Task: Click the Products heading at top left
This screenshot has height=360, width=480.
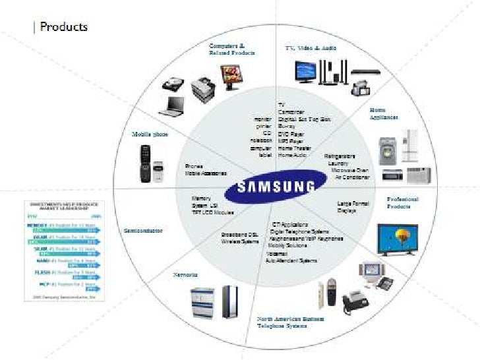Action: pyautogui.click(x=63, y=27)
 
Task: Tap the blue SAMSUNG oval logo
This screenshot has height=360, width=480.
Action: pyautogui.click(x=268, y=187)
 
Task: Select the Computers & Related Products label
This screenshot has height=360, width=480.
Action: pyautogui.click(x=231, y=49)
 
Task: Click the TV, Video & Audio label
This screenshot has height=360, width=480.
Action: pyautogui.click(x=311, y=49)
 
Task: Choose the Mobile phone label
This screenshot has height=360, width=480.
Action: pyautogui.click(x=150, y=134)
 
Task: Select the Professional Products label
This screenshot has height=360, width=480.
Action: pyautogui.click(x=402, y=202)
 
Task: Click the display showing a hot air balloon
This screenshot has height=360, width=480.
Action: pyautogui.click(x=397, y=239)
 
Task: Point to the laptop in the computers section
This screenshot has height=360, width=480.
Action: pyautogui.click(x=175, y=105)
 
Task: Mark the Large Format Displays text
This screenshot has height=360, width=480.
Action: pyautogui.click(x=353, y=208)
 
